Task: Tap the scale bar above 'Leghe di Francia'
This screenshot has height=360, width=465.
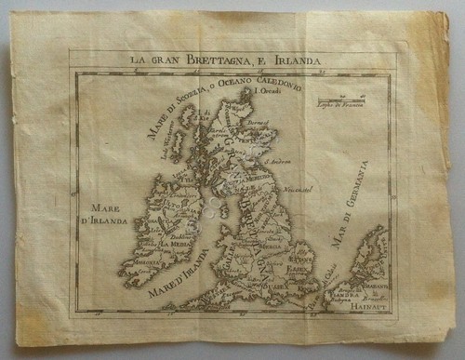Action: (x=337, y=99)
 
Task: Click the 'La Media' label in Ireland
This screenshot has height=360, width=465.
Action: (x=175, y=243)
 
